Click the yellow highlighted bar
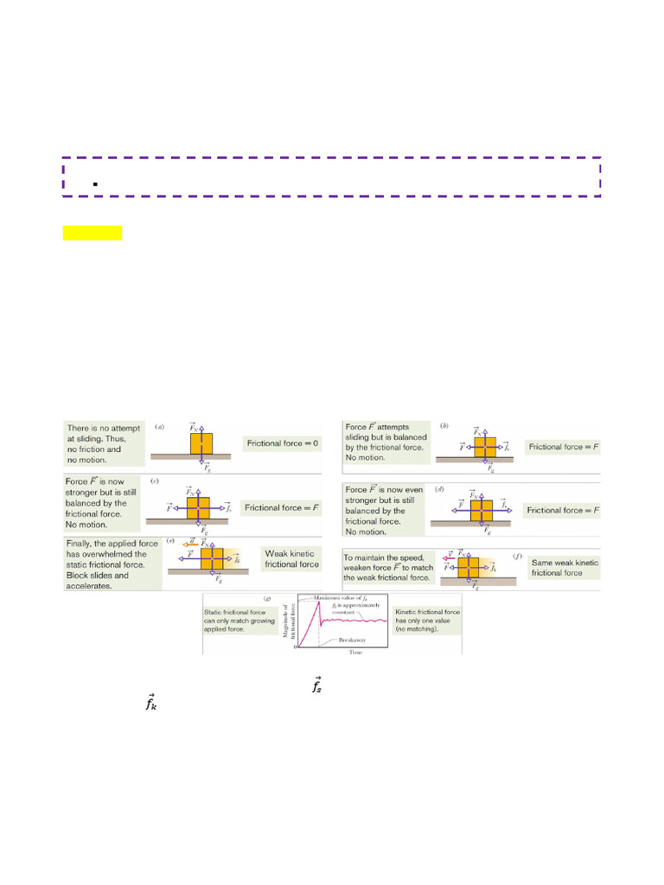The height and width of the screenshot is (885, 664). (x=93, y=232)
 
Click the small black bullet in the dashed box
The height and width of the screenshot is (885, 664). (x=91, y=184)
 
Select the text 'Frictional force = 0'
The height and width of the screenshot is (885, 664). (x=282, y=443)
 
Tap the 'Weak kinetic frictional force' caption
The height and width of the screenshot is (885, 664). (x=291, y=558)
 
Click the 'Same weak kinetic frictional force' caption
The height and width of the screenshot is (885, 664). (x=564, y=567)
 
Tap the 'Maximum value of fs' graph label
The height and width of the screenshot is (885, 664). (x=352, y=598)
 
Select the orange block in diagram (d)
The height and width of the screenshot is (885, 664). (x=482, y=511)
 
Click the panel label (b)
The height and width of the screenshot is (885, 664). (x=444, y=426)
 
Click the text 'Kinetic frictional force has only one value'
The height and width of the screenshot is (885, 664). (x=427, y=616)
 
